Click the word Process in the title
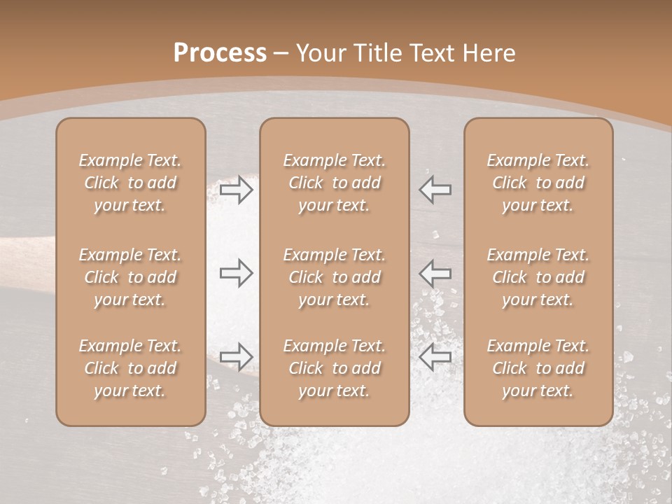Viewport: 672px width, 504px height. tap(220, 53)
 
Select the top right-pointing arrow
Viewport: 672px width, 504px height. tap(236, 190)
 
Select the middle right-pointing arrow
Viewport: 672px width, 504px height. tap(236, 273)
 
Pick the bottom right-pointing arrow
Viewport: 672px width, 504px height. tap(236, 356)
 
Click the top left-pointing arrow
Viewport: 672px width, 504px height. tap(435, 190)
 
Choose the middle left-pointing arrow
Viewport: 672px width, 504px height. tap(435, 273)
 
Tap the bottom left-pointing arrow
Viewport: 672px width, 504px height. tap(435, 356)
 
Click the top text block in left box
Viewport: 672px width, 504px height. tap(130, 183)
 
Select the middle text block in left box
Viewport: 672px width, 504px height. tap(130, 277)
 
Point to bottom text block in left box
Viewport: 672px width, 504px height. tap(130, 368)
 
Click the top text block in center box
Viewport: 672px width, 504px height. tap(334, 183)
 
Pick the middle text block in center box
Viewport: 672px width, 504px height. tap(334, 277)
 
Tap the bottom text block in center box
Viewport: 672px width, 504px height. tap(334, 368)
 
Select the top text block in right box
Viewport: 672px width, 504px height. tap(538, 183)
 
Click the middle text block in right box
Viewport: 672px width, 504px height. tap(538, 277)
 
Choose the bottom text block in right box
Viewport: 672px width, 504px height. tap(538, 368)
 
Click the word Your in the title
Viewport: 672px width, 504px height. tap(323, 53)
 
